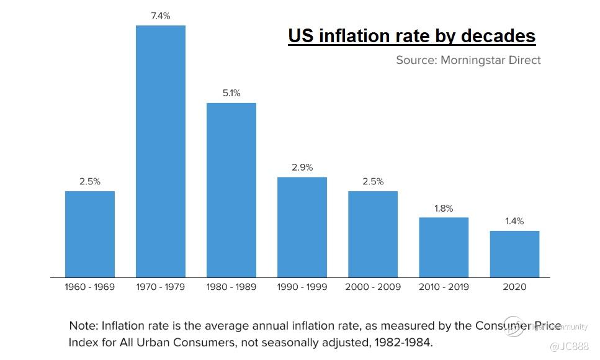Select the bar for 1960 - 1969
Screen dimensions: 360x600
[90, 234]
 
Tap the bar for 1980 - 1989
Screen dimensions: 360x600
[231, 189]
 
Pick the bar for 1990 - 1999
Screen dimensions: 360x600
[302, 227]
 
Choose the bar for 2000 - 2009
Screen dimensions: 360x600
[373, 234]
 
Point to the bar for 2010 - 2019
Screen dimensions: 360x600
[444, 247]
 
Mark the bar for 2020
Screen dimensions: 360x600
[514, 254]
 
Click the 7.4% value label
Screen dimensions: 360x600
[161, 16]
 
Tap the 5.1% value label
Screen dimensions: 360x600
[231, 93]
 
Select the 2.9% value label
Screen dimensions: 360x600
[302, 168]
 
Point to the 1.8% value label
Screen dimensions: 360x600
[444, 209]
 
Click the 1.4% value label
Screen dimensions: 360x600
[514, 221]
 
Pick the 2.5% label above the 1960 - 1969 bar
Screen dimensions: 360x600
[90, 182]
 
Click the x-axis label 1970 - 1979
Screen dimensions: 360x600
[161, 287]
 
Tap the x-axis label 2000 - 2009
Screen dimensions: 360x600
[373, 287]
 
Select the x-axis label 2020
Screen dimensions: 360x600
[514, 287]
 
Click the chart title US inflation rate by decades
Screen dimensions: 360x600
[411, 36]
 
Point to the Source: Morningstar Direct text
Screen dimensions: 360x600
[468, 60]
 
